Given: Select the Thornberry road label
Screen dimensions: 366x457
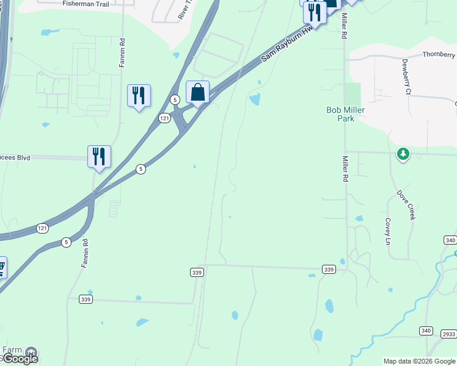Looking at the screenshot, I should click(438, 54).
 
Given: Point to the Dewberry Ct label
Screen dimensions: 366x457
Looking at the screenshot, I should click(406, 77).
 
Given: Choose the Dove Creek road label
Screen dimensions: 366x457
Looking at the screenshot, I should click(407, 205).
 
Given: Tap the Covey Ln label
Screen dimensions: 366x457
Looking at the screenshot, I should click(387, 231).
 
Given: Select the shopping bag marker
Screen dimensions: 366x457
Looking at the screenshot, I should click(197, 93).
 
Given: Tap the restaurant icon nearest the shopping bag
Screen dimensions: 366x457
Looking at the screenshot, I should click(139, 96).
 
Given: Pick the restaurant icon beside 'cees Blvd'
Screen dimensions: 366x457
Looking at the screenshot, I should click(99, 157).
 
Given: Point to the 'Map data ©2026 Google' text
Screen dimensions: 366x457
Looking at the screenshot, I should click(420, 361).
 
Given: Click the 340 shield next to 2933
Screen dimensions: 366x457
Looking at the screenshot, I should click(426, 331).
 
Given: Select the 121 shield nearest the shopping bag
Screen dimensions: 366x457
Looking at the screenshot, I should click(164, 119).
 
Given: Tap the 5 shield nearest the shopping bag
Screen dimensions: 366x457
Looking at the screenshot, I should click(175, 99).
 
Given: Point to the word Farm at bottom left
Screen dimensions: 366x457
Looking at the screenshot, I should click(12, 350).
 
